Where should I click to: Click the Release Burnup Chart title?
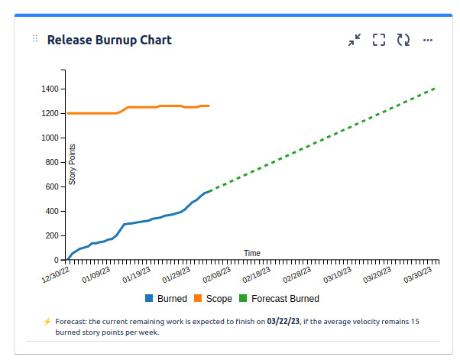point(109,40)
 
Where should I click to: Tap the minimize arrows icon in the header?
point(355,40)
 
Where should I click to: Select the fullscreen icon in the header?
point(379,40)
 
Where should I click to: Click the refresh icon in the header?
point(403,40)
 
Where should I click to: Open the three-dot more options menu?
point(428,40)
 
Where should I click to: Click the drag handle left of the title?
point(35,39)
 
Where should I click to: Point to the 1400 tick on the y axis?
point(50,89)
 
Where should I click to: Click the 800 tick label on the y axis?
point(52,162)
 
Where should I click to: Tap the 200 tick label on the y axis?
point(52,235)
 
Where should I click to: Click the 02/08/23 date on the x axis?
point(217,272)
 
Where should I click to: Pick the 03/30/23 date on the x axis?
point(419,272)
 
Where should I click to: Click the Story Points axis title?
point(73,164)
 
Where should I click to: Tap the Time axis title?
point(252,253)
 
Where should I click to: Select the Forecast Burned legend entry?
point(279,299)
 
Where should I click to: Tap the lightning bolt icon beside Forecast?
point(47,322)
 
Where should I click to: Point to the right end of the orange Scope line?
point(209,105)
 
